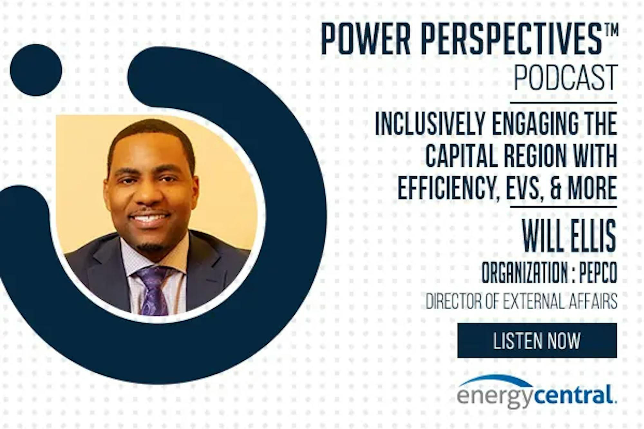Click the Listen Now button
pyautogui.click(x=537, y=340)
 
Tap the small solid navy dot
pyautogui.click(x=36, y=70)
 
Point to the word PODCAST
pyautogui.click(x=566, y=77)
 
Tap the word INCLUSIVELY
pyautogui.click(x=430, y=124)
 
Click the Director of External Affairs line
pyautogui.click(x=521, y=302)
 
